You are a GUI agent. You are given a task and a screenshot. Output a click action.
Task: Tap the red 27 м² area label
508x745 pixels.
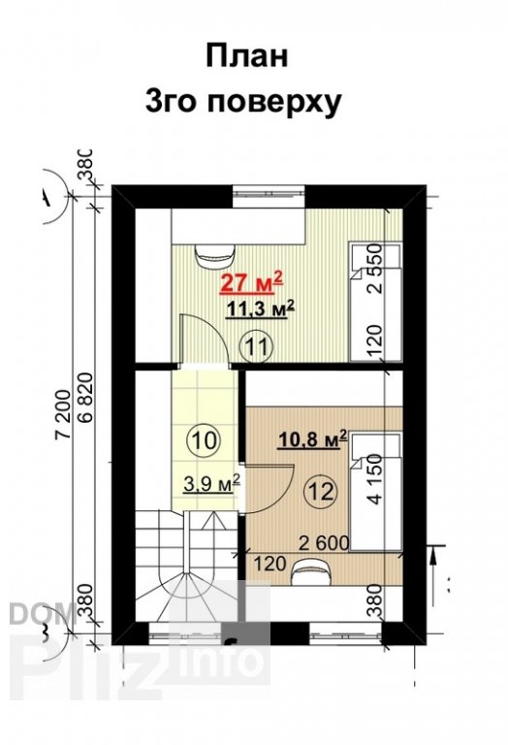tap(251, 283)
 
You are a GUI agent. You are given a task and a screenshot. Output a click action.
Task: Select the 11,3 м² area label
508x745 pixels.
tap(259, 309)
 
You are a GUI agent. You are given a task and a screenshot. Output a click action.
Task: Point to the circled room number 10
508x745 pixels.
tap(204, 439)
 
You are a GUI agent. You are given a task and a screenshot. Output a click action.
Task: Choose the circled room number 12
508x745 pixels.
tap(321, 491)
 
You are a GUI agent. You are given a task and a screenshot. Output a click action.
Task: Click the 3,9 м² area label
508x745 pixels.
tap(210, 481)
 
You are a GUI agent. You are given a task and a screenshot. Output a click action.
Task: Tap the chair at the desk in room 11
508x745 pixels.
tap(214, 255)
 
